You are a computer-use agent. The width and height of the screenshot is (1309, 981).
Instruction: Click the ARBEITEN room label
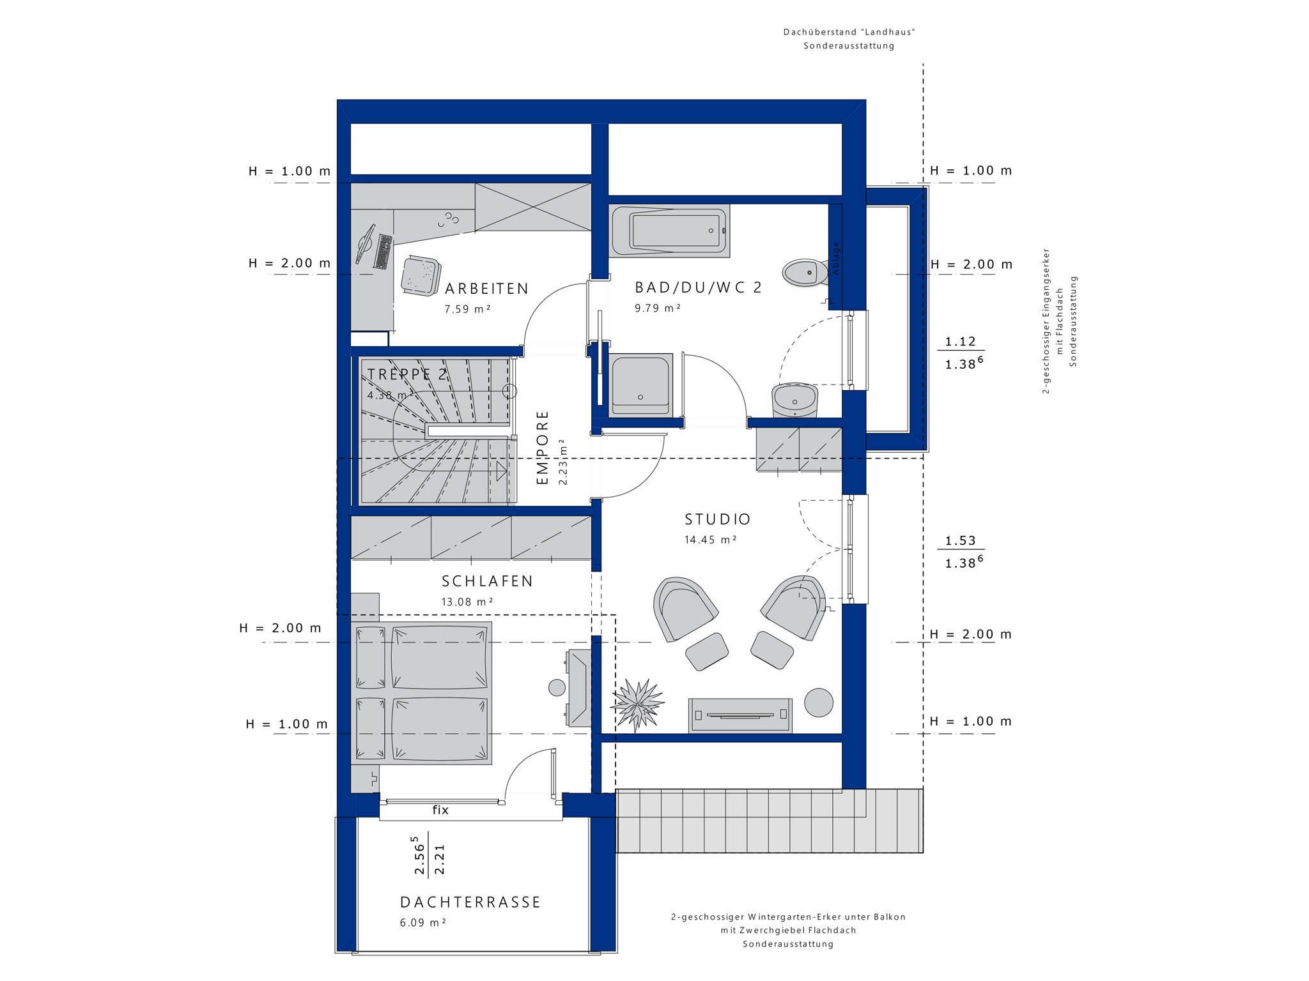[487, 289]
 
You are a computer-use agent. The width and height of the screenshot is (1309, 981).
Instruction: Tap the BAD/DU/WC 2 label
[699, 287]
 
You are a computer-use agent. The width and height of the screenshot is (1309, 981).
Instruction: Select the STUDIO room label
[718, 519]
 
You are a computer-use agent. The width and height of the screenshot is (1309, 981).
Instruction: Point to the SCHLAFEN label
[488, 581]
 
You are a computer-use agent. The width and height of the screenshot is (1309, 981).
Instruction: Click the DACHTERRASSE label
[470, 902]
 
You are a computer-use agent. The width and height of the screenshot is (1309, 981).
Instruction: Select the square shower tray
[641, 385]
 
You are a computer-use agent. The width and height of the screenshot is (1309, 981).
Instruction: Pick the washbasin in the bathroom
[795, 400]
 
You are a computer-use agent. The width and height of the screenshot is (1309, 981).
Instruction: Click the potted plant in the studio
[637, 705]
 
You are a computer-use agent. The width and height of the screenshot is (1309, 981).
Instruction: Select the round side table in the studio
[818, 702]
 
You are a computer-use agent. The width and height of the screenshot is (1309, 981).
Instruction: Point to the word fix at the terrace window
[440, 810]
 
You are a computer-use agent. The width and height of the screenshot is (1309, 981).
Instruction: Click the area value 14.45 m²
[711, 540]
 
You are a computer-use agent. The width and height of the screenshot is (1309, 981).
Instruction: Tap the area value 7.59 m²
[468, 309]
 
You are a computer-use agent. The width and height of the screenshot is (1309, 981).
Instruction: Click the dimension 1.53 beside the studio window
[961, 540]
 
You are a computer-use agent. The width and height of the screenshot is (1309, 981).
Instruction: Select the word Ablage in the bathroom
[835, 258]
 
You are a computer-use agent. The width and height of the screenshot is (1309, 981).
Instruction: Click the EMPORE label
[543, 447]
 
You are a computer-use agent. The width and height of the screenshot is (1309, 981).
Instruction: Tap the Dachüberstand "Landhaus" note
[849, 32]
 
